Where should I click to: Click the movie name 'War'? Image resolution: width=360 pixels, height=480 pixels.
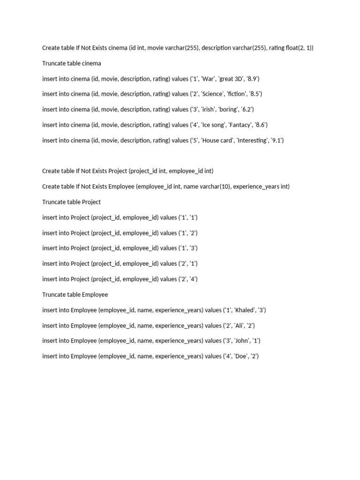tap(207, 79)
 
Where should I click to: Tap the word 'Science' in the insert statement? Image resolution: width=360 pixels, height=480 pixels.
tap(212, 94)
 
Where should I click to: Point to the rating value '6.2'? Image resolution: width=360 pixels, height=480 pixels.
tap(247, 110)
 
